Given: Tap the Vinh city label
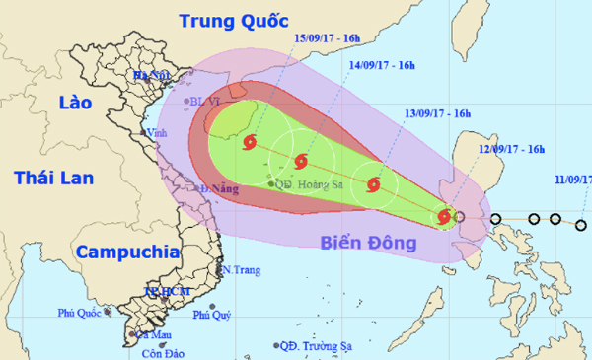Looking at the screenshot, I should [x=153, y=132].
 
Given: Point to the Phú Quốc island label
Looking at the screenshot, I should [x=81, y=315].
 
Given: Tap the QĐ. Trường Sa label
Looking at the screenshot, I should [x=319, y=346].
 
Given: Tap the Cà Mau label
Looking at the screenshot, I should [x=141, y=335].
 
